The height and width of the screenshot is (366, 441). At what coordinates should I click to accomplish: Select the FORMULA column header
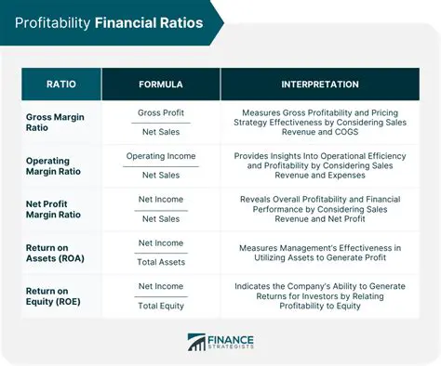point(160,85)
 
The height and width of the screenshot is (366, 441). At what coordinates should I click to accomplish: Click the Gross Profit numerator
point(160,111)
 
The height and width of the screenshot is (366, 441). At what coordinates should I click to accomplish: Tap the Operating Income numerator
point(160,155)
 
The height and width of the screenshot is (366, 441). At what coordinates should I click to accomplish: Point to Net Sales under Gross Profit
point(160,133)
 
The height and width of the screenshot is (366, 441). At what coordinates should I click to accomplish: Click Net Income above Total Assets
point(160,242)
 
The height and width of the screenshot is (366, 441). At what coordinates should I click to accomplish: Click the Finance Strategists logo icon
point(198,342)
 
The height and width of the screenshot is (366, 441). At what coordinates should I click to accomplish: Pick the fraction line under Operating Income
point(160,165)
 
